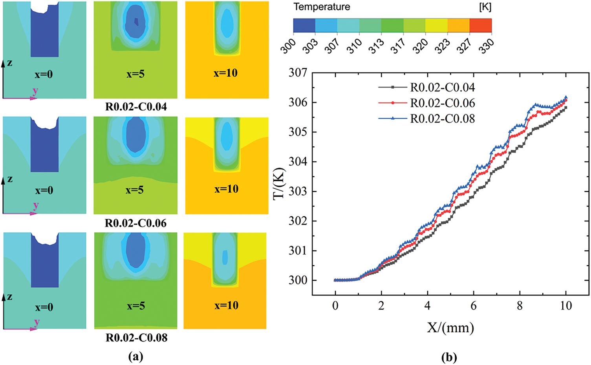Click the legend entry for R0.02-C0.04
click(442, 88)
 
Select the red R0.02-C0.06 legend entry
click(442, 103)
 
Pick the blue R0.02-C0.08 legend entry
click(442, 119)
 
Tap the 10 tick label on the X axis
click(565, 306)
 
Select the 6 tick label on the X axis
click(474, 306)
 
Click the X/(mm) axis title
click(450, 327)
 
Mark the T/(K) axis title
click(280, 184)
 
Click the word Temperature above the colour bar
click(322, 7)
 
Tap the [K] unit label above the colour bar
click(485, 7)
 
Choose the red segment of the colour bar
click(480, 25)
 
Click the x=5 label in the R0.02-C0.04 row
click(135, 74)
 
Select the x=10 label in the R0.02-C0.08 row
click(226, 305)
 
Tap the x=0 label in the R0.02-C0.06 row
click(44, 190)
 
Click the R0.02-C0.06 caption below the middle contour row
click(135, 223)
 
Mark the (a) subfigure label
click(135, 356)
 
